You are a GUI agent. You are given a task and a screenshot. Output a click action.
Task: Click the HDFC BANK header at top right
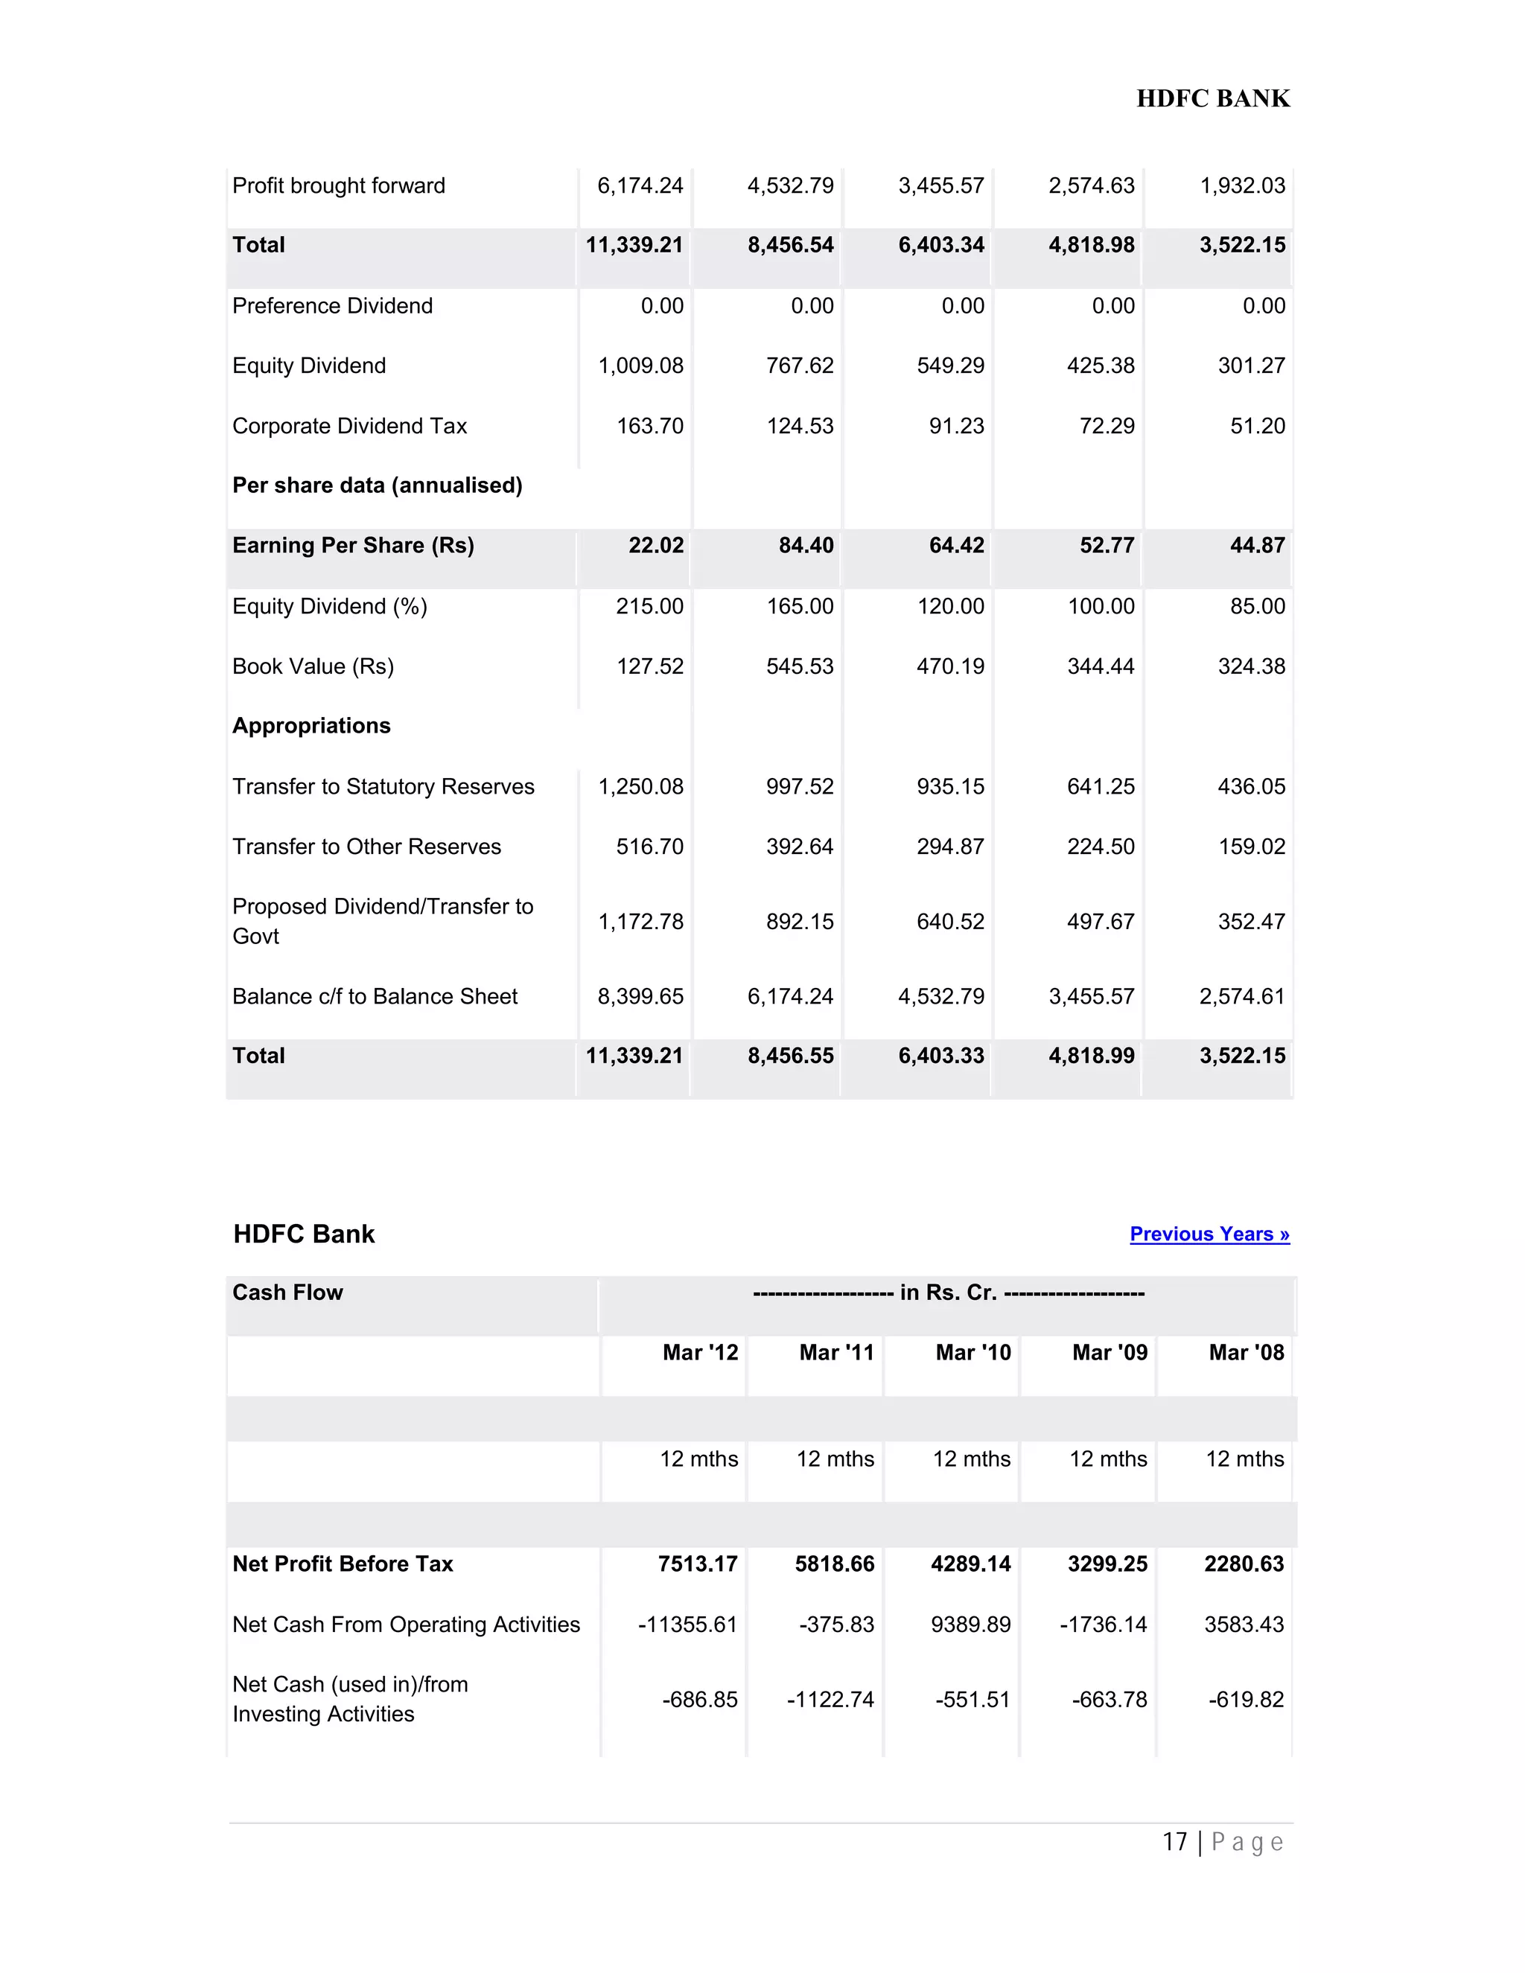point(1212,98)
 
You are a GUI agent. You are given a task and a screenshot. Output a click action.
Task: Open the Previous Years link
point(1209,1234)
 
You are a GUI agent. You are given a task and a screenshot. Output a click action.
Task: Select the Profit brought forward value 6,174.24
point(640,186)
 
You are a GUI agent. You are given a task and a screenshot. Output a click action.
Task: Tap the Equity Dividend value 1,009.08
point(640,366)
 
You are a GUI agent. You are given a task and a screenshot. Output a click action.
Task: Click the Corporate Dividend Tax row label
point(350,427)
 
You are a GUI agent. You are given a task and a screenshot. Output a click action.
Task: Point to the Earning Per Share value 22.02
point(656,546)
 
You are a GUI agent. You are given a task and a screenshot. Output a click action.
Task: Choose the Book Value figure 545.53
point(800,666)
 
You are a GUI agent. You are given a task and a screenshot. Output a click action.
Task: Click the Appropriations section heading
point(312,727)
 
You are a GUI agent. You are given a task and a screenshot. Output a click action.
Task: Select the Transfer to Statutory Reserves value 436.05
point(1250,787)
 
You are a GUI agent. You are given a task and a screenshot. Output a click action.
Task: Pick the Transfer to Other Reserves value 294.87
point(949,847)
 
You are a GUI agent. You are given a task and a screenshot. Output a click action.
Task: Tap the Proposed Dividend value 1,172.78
point(640,922)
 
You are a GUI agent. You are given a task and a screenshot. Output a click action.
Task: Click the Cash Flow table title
point(288,1293)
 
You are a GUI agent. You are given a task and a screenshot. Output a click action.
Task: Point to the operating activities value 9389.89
point(970,1625)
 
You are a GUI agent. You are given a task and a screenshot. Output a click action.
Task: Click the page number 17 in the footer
point(1174,1843)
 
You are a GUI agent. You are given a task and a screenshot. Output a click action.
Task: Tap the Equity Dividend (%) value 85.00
point(1257,606)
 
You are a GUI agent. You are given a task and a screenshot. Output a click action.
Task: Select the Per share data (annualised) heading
point(378,486)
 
